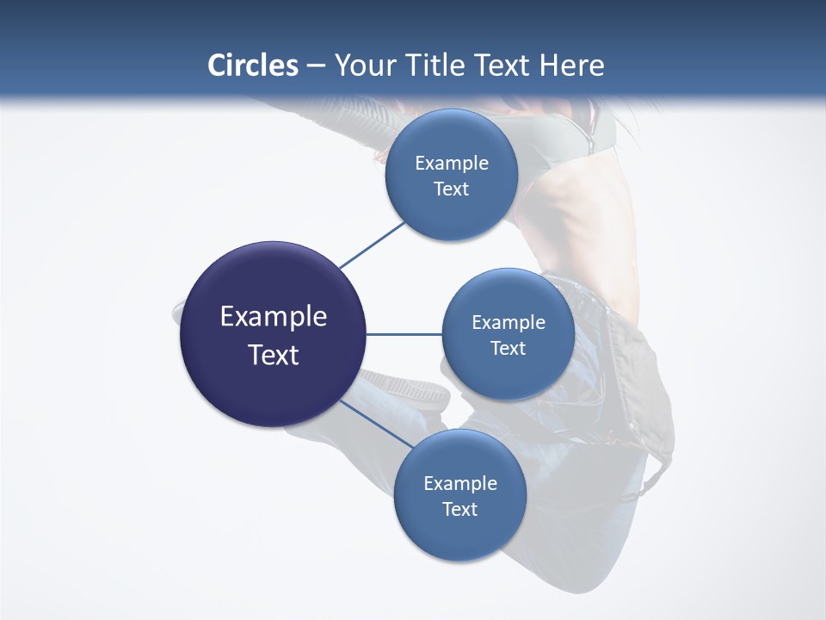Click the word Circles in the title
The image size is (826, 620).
253,65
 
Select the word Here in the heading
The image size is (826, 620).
572,65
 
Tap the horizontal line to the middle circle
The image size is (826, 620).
404,334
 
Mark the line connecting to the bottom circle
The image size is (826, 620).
376,424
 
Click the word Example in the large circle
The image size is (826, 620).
273,317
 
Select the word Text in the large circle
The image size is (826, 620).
273,355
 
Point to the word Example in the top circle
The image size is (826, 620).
451,163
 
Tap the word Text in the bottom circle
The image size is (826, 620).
459,509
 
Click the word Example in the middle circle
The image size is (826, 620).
508,322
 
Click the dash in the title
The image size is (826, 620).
316,65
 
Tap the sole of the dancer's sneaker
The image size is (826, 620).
404,387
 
